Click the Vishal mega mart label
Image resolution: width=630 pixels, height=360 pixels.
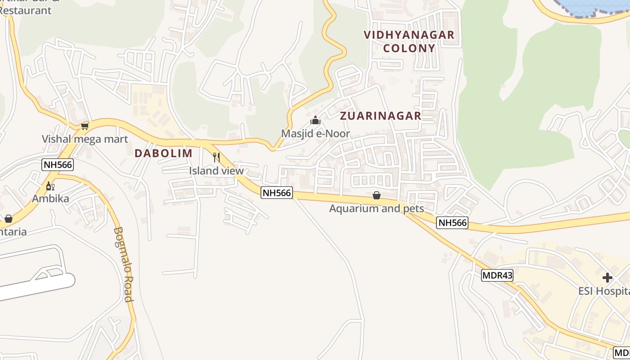[85, 139]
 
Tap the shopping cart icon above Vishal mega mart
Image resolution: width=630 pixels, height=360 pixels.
[85, 126]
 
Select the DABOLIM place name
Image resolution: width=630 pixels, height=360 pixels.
[163, 153]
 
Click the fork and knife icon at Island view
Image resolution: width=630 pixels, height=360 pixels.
[216, 157]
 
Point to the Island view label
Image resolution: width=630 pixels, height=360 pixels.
[216, 171]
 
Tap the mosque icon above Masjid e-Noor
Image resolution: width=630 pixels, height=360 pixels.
[315, 120]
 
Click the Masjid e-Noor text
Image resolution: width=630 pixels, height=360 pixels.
[315, 134]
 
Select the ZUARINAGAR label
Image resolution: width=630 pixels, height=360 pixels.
[380, 116]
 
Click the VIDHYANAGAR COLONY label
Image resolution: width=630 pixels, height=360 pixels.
[409, 41]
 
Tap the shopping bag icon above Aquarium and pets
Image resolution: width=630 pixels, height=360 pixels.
[377, 195]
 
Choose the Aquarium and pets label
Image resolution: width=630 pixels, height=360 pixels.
[377, 208]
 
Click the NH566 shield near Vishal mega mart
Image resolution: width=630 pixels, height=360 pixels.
[58, 165]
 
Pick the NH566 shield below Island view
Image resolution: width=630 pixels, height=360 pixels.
[277, 193]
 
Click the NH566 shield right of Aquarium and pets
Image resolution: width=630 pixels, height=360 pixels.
[452, 222]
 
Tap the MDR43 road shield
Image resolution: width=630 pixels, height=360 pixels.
[497, 275]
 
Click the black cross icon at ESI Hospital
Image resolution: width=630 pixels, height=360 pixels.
[607, 278]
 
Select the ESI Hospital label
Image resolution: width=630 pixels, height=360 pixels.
[604, 291]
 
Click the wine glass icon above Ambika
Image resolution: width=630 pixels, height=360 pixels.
[50, 186]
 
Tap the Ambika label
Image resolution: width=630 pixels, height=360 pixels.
[50, 198]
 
